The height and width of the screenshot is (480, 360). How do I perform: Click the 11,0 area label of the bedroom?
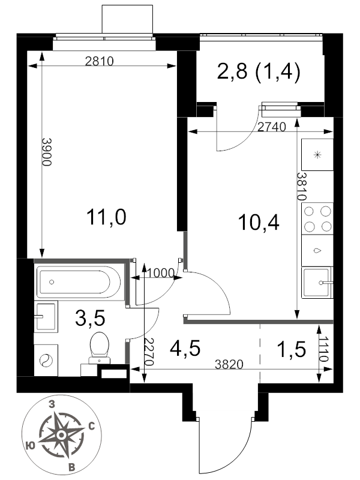[x=106, y=217]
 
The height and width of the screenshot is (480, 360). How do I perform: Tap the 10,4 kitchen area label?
[x=259, y=222]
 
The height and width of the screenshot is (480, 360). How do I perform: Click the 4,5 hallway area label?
[x=185, y=349]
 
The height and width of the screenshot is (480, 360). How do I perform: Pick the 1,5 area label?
[x=291, y=349]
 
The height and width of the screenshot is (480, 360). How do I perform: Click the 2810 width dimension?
[x=99, y=62]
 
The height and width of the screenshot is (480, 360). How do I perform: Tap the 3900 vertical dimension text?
[x=47, y=152]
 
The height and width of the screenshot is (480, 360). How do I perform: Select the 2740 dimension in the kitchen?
[x=272, y=127]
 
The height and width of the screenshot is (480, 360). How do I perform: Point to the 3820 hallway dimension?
[x=229, y=364]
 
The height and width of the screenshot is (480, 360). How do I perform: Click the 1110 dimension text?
[x=325, y=349]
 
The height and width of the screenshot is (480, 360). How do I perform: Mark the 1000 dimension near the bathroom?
[x=161, y=273]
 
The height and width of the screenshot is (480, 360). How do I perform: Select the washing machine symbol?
[x=46, y=360]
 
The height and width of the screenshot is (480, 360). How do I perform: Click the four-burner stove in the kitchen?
[x=317, y=218]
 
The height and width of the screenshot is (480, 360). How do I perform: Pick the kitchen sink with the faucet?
[x=317, y=283]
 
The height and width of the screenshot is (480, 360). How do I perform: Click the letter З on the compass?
[x=52, y=404]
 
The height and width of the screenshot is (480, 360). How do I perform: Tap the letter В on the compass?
[x=71, y=467]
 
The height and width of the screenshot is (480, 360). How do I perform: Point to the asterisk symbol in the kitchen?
[x=318, y=155]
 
